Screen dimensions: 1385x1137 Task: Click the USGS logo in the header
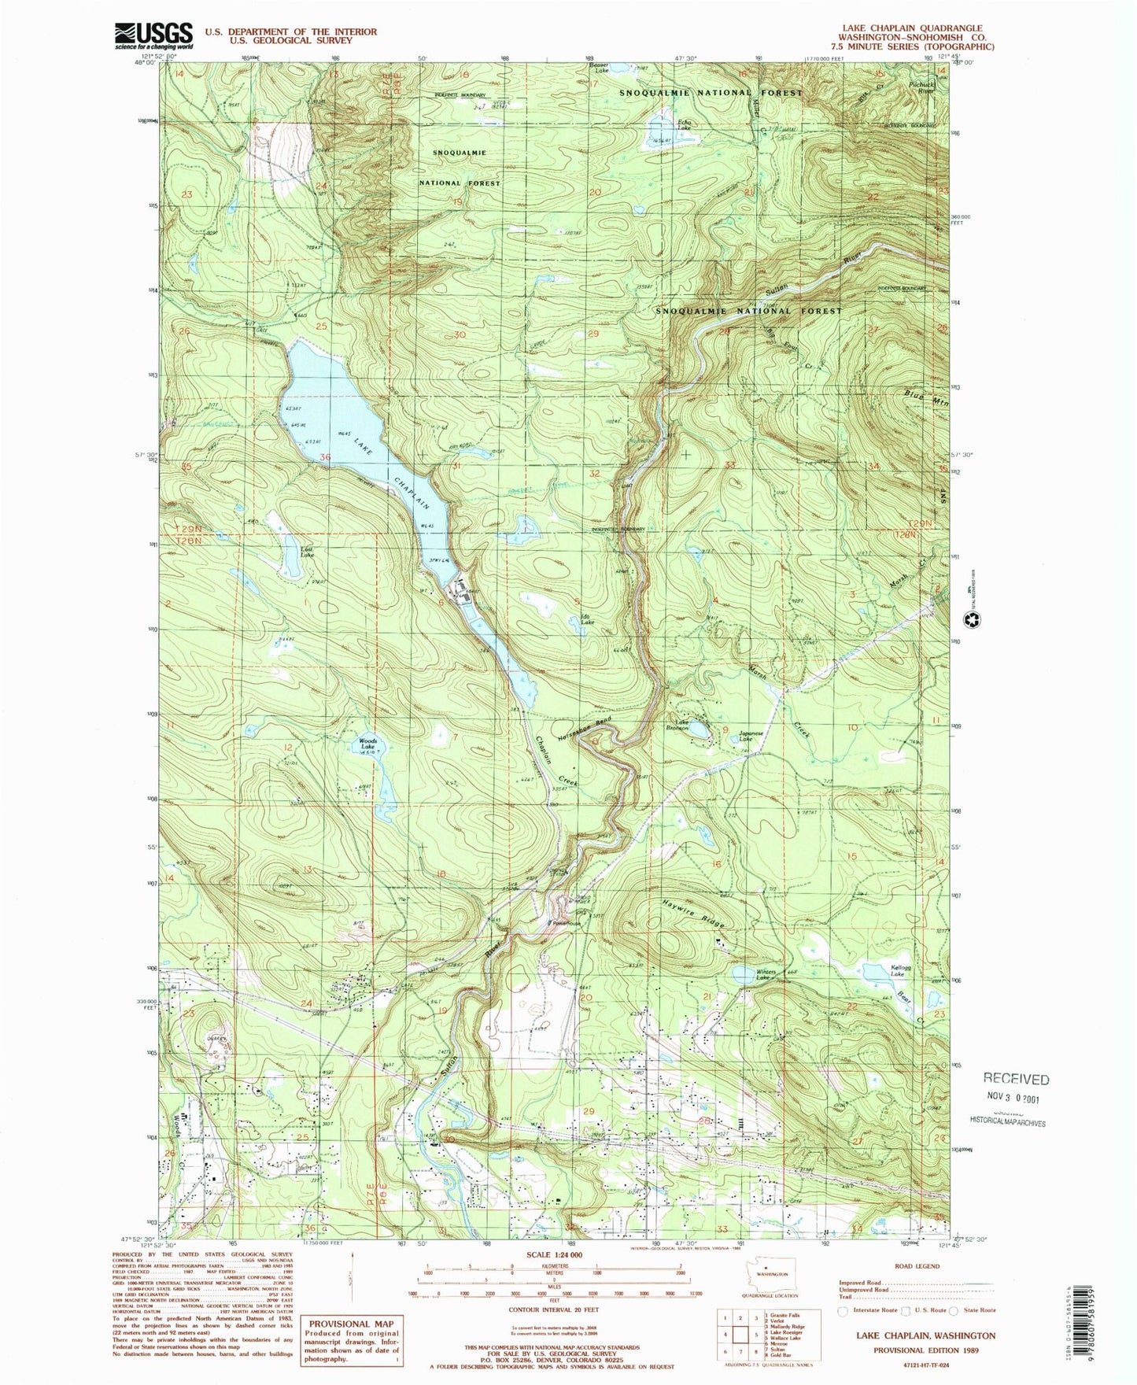[x=154, y=36]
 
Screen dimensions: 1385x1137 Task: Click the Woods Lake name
[x=368, y=744]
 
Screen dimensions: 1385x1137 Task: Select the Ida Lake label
[x=587, y=619]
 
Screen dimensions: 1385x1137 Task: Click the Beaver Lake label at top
[x=600, y=68]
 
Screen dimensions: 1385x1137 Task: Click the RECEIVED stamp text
[x=1016, y=1080]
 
